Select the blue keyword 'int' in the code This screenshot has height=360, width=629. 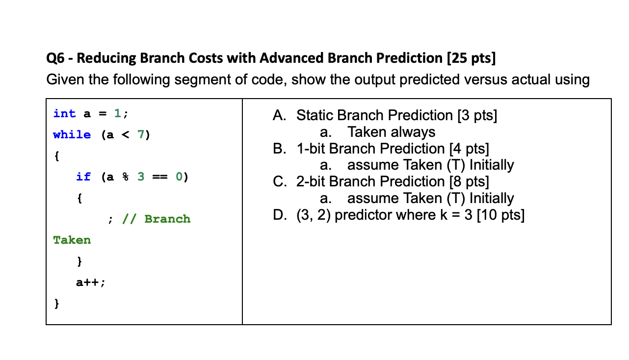pos(65,114)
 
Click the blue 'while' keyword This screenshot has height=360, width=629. pos(72,135)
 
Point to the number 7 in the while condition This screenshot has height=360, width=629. pos(141,135)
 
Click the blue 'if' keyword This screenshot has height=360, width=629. pos(83,177)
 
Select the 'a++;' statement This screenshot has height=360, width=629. pos(90,283)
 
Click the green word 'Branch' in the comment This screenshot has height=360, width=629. pos(167,219)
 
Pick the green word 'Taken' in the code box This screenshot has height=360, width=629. pos(72,240)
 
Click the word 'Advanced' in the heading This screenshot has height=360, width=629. pos(290,59)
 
